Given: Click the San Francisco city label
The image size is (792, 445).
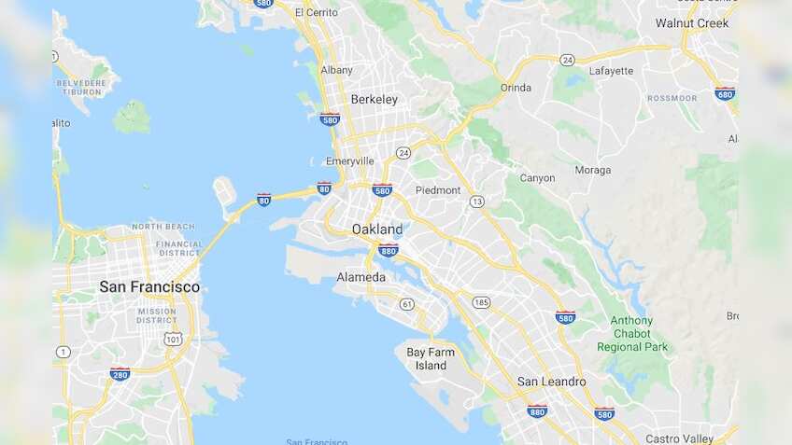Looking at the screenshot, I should click(149, 286).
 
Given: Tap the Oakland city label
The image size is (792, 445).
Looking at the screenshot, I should click(377, 229).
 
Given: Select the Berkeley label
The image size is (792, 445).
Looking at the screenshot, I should click(375, 99).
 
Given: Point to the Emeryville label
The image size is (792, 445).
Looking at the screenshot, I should click(351, 160).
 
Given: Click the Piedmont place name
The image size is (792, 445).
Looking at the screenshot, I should click(438, 190).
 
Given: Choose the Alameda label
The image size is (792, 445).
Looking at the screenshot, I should click(361, 277).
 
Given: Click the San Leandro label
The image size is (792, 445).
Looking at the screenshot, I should click(552, 381).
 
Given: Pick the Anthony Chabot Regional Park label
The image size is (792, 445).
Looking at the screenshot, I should click(632, 334).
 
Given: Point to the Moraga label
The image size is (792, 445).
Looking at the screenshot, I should click(593, 170).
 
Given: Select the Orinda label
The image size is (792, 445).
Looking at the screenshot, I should click(516, 88).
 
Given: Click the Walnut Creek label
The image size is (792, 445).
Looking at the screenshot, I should click(692, 22).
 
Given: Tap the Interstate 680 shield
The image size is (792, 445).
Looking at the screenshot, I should click(725, 93).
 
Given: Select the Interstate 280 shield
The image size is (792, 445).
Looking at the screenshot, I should click(120, 374).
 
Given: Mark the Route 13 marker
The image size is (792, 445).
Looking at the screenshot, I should click(477, 202).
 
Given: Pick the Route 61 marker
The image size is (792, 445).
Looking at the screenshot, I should click(406, 304).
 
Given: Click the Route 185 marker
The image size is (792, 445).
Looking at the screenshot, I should click(481, 302).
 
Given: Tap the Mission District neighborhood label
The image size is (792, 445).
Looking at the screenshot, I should click(156, 315).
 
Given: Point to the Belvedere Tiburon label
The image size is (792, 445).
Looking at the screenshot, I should click(82, 87).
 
